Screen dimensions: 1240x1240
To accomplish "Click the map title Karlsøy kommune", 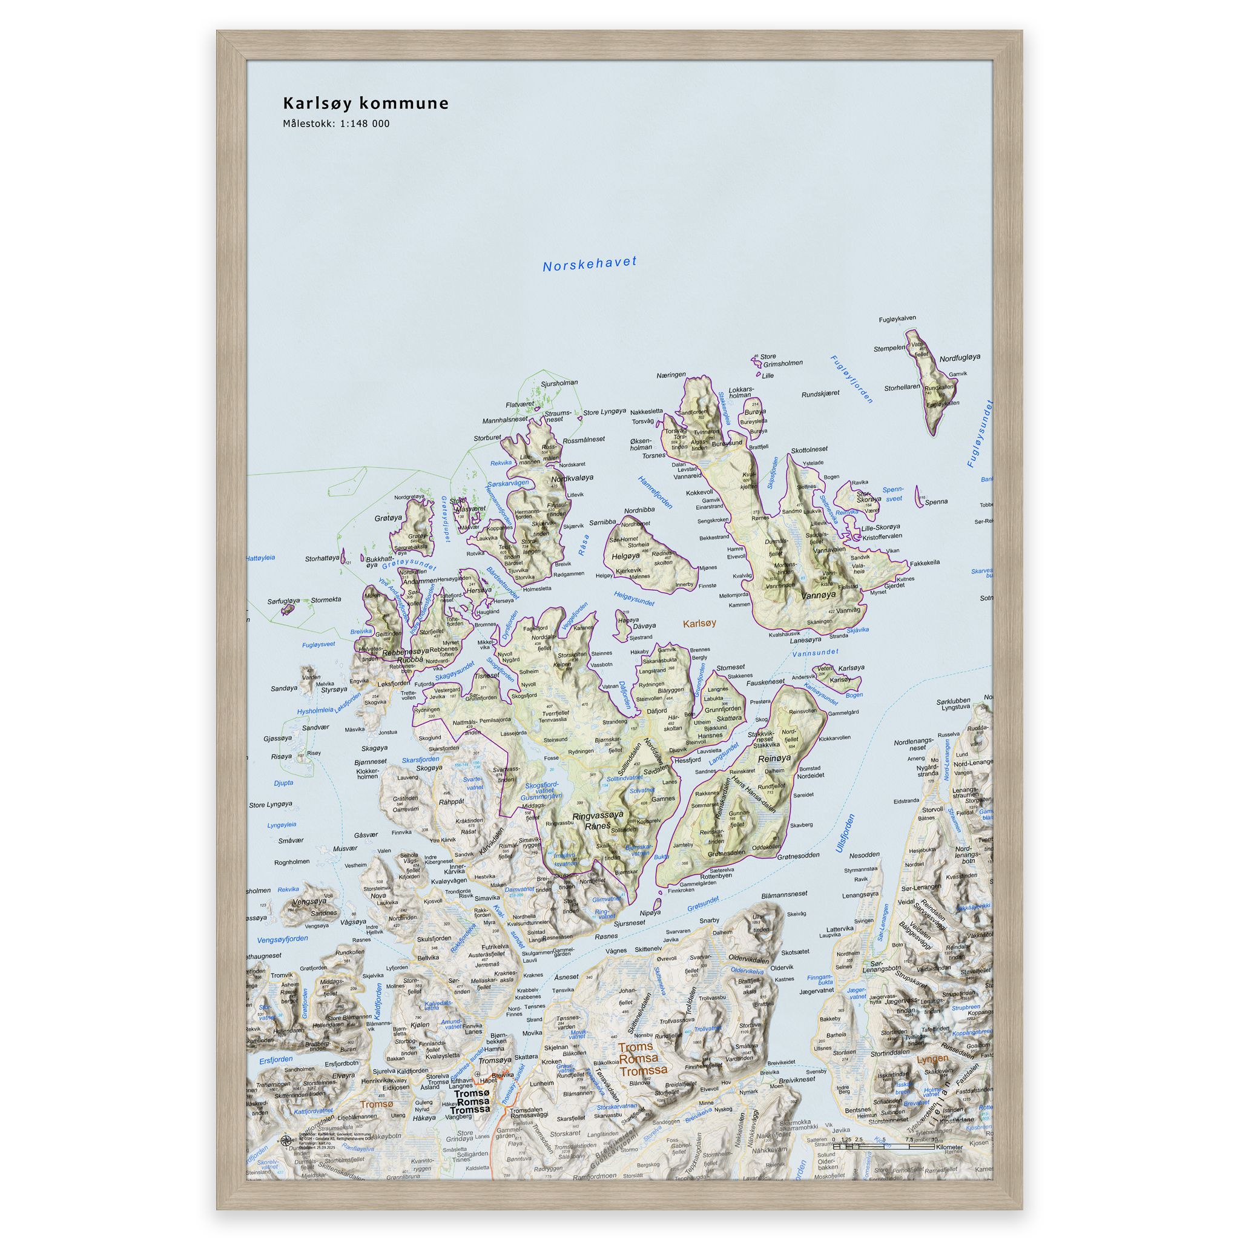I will [366, 104].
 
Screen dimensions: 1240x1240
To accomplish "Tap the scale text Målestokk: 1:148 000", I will [335, 124].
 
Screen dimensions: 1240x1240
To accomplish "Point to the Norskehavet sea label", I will [589, 264].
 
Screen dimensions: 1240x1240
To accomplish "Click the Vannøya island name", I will [819, 595].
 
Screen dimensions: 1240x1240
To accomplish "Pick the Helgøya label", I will [625, 556].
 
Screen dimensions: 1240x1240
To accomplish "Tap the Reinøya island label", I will [774, 759].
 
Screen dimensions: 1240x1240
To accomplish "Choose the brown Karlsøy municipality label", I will [699, 623].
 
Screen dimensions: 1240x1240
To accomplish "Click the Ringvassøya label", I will [598, 815].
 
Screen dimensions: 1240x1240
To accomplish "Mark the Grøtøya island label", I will [388, 518].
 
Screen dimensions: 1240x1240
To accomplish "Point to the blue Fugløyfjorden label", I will [852, 378].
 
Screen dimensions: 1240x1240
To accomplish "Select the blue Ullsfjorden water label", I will [845, 833].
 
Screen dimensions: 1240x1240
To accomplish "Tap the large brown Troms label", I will [635, 1047].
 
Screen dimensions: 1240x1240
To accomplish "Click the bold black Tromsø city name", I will [472, 1093].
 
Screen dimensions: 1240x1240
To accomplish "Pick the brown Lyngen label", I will [932, 1059].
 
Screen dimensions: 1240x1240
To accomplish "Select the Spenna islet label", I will [936, 502].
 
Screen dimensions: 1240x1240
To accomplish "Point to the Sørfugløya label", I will [283, 601].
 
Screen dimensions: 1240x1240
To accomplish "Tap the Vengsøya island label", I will [309, 901].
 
